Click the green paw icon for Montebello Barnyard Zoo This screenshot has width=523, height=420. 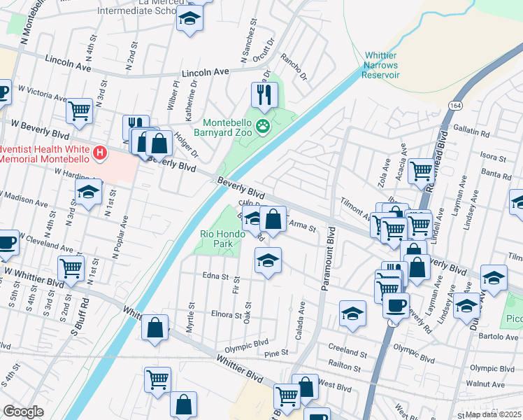(263, 126)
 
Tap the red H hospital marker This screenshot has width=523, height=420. (101, 152)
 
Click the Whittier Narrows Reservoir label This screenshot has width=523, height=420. (381, 65)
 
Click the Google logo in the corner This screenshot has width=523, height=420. (23, 412)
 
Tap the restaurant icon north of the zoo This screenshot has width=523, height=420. (264, 95)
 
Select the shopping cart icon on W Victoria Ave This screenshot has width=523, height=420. (79, 110)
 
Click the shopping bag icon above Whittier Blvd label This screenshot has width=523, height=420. (155, 327)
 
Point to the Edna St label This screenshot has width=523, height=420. (215, 276)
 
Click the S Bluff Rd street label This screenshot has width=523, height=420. (85, 314)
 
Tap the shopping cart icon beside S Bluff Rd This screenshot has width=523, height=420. (71, 267)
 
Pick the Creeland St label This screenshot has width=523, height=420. (343, 348)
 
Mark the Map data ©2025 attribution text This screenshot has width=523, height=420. (494, 414)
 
